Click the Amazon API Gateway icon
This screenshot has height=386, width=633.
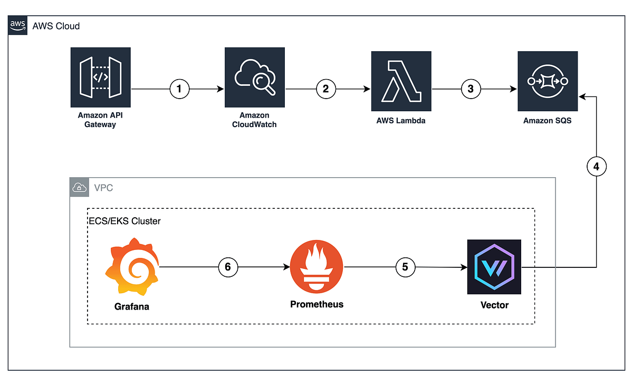point(100,78)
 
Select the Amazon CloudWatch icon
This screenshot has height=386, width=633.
point(255,78)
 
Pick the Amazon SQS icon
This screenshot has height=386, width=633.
point(548,81)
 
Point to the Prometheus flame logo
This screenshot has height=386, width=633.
point(316,267)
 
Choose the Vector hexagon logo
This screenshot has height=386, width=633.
point(494,267)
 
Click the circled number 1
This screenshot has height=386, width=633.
point(179,89)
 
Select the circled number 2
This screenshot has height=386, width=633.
point(326,89)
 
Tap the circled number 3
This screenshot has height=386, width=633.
point(471,89)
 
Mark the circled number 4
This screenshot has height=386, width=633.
point(596,168)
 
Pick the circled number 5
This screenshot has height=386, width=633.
point(405,267)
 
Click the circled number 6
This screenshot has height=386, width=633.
point(228,267)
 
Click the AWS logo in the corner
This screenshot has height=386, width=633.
point(18,25)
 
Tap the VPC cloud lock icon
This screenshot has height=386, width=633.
point(79,188)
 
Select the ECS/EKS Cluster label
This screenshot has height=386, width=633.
point(124,221)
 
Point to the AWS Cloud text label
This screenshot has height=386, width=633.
point(56,26)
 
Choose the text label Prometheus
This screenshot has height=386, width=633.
point(316,304)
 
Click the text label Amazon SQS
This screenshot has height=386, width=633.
point(547,121)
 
